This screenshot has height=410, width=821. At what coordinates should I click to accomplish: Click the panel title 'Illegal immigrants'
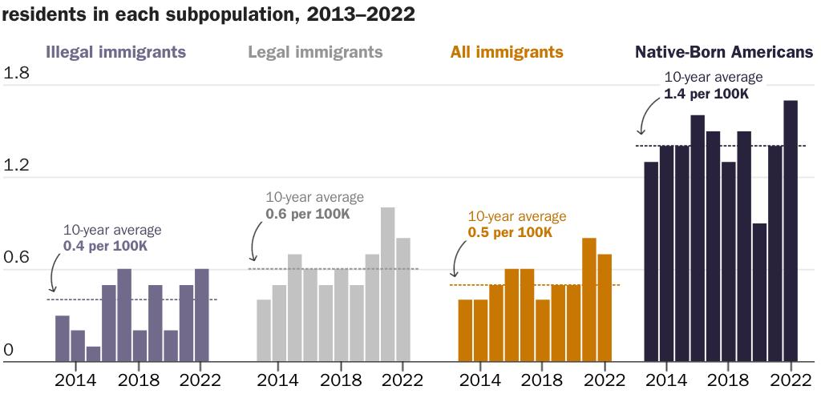pos(116,53)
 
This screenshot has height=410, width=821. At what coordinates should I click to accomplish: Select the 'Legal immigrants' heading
pos(315,53)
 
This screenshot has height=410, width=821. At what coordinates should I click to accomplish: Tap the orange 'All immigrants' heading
pos(507,53)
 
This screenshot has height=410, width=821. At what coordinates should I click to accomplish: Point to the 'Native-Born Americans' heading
pos(724,53)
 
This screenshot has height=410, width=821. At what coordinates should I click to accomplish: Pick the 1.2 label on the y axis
pos(17,167)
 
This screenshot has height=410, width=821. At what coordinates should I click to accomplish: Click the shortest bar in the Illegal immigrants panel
pos(93,354)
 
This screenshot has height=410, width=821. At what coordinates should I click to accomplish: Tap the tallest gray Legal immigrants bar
pos(388,284)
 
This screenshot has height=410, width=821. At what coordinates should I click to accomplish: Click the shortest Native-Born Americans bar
pos(760,292)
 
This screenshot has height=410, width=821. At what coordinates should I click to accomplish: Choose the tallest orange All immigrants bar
pos(589,299)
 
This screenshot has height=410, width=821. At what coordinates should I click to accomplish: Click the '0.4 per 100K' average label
pos(105,246)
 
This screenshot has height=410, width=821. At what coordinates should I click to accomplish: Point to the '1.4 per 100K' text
pos(706,94)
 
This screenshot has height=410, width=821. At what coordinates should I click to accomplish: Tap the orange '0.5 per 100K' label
pos(510,232)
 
